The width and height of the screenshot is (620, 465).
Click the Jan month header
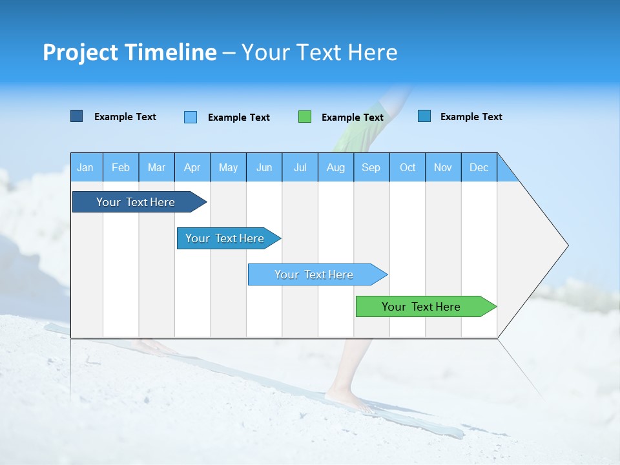85,167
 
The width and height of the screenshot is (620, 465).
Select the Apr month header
192,167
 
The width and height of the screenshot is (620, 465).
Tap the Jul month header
300,167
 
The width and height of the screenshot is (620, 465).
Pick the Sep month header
371,167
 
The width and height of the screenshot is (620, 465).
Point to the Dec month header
479,167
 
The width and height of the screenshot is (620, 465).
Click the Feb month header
121,167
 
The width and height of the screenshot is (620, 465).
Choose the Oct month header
408,167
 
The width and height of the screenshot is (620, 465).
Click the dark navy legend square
76,116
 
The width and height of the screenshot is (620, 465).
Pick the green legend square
305,117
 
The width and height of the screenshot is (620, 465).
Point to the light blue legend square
191,117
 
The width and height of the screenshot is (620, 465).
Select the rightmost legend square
424,116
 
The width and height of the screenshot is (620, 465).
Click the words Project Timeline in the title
129,52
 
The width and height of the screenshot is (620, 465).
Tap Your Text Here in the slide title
319,52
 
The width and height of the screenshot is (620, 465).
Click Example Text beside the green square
352,118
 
